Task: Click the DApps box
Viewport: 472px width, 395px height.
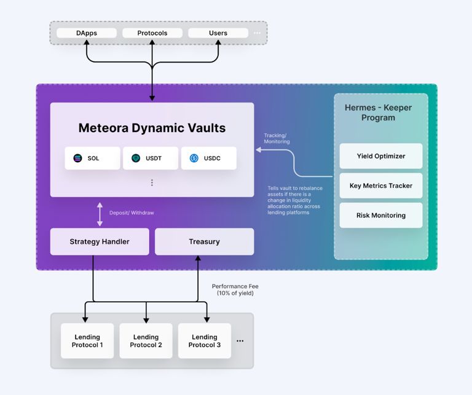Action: (86, 33)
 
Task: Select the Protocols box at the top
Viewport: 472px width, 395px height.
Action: (152, 33)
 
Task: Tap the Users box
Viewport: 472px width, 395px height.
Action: (218, 33)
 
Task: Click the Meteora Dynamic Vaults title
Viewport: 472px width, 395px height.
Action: (152, 128)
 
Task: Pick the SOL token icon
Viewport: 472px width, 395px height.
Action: (77, 158)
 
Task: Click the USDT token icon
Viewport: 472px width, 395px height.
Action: (136, 158)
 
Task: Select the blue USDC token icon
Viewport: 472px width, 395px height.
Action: (194, 158)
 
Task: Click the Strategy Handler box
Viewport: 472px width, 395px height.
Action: (100, 241)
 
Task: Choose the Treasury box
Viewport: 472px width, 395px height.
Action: (204, 241)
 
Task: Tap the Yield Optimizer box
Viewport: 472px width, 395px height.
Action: (381, 156)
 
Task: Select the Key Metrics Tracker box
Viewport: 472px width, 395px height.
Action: (381, 186)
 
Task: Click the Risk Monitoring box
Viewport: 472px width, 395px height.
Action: (381, 216)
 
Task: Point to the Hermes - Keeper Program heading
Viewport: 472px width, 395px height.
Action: (379, 112)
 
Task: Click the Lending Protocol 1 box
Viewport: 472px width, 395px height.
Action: (87, 341)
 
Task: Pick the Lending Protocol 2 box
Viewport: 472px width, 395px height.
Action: (146, 341)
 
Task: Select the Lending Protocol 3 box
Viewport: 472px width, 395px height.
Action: (204, 341)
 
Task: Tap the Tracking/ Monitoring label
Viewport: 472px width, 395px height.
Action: (277, 138)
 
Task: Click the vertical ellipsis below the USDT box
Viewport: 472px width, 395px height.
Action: (152, 182)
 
